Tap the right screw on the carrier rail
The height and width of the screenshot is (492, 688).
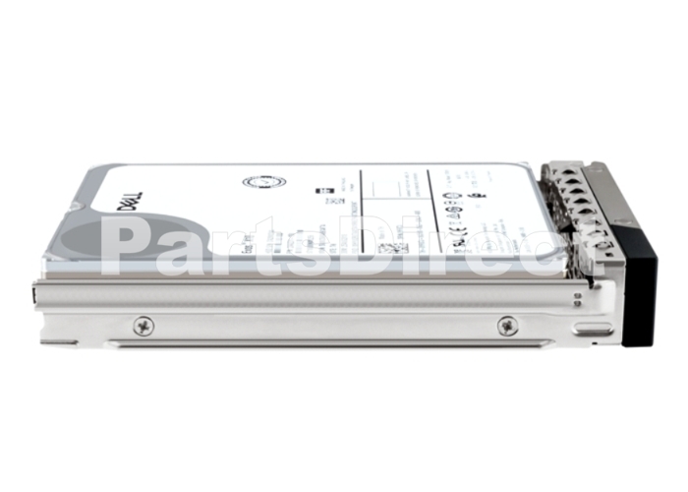(507, 325)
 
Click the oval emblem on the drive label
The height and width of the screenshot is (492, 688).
(267, 184)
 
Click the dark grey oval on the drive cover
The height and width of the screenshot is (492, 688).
(147, 241)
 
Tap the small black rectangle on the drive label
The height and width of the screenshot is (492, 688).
(319, 194)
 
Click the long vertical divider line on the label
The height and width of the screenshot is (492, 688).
(361, 207)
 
